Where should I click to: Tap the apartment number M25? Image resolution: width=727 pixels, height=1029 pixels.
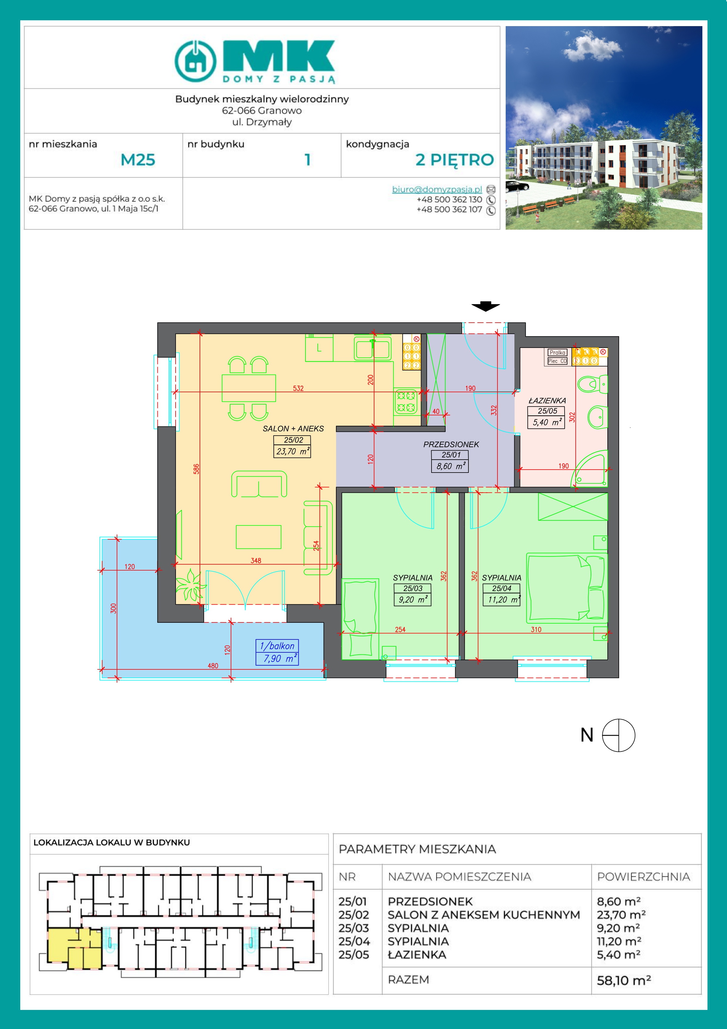[138, 160]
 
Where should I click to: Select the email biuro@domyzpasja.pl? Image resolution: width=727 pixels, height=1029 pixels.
[437, 189]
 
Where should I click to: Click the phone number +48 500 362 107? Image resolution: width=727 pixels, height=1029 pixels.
[449, 209]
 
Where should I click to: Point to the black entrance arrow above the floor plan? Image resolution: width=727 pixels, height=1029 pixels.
[485, 307]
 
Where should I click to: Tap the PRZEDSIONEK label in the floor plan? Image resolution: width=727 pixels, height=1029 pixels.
[451, 445]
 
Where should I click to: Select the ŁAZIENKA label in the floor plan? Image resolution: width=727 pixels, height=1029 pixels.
[547, 401]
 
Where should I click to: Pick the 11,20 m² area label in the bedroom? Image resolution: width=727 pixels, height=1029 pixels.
[501, 600]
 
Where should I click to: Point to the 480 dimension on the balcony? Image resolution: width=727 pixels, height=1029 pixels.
[213, 666]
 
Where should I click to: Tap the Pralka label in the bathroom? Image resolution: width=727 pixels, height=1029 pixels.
[557, 353]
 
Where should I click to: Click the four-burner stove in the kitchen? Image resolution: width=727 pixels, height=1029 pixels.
[407, 402]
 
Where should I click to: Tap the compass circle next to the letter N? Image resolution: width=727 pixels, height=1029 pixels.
[619, 735]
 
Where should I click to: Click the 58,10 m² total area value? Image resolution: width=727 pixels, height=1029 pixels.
[624, 981]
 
